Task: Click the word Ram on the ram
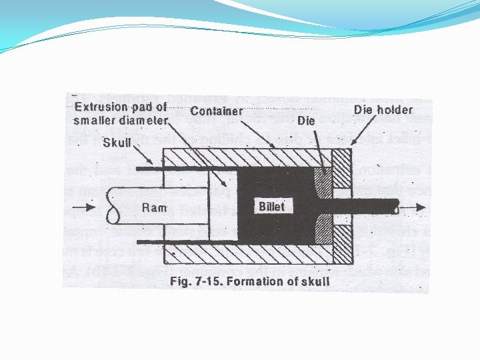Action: [x=154, y=208]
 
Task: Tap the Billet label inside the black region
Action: [x=271, y=207]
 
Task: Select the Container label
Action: [x=217, y=111]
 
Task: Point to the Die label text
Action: [x=306, y=121]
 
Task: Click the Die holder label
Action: [x=383, y=109]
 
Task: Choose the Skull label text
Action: [x=117, y=142]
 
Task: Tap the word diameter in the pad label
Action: [x=142, y=121]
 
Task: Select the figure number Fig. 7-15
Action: [x=196, y=281]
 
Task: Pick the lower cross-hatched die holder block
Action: [x=341, y=241]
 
